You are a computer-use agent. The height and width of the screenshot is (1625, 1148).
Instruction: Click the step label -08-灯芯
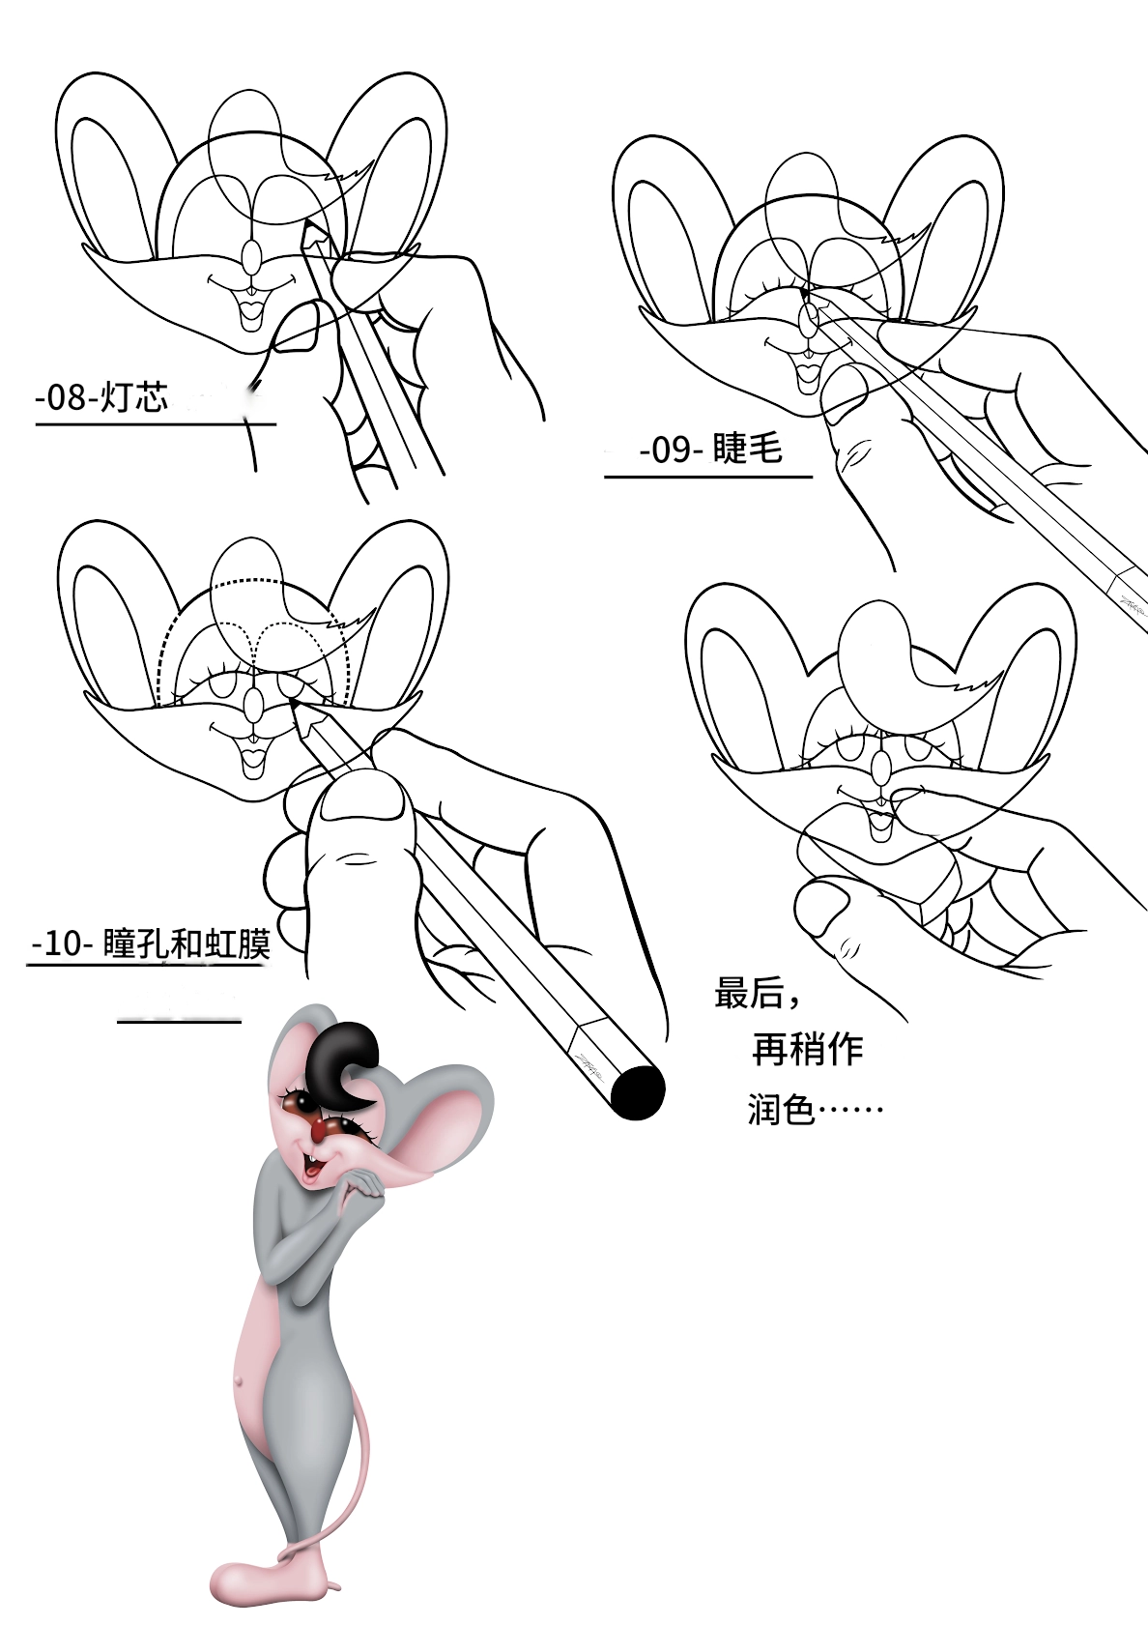click(x=102, y=397)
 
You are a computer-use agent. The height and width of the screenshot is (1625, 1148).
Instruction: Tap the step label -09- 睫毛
click(x=710, y=450)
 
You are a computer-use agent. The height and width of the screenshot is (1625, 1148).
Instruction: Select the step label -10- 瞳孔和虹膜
click(x=152, y=944)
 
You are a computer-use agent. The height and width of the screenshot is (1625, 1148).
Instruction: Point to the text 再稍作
click(x=807, y=1049)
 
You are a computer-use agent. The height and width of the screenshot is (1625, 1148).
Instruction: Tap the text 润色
click(x=782, y=1109)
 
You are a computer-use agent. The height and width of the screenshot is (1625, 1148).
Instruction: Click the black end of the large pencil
click(x=638, y=1091)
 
